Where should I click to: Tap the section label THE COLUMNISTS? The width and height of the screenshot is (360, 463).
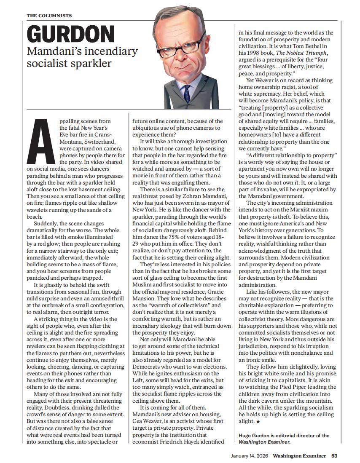coord(49,16)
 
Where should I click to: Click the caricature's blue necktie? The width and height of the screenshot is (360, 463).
coord(187,94)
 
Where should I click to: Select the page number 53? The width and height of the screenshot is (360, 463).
coord(334,455)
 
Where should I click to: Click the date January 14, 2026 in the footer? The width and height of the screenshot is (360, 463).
coord(250,455)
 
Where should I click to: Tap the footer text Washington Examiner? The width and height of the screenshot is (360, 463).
coord(299,455)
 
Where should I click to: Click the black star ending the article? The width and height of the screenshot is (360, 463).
coord(258,421)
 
